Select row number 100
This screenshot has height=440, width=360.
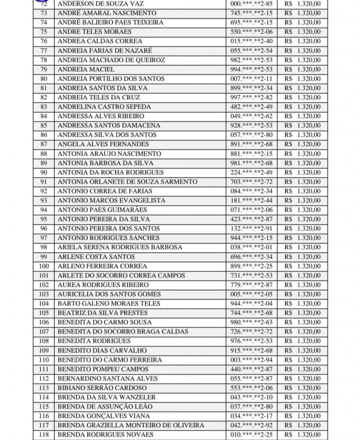click(43, 266)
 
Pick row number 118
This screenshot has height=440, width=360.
click(43, 434)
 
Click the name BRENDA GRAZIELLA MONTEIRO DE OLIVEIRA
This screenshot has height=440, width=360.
click(131, 425)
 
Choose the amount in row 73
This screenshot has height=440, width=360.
click(302, 13)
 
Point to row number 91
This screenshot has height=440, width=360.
click(43, 182)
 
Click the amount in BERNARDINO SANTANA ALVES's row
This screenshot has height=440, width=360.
click(302, 379)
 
